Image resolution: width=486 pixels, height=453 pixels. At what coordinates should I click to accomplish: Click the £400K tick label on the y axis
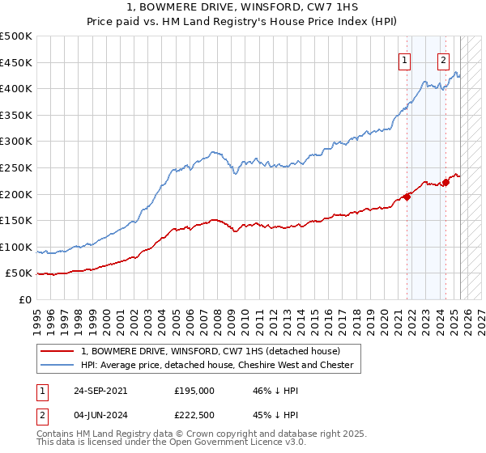tap(16, 88)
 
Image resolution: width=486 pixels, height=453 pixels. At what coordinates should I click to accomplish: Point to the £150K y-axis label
tap(16, 220)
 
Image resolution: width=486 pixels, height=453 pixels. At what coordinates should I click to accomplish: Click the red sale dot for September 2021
tap(407, 197)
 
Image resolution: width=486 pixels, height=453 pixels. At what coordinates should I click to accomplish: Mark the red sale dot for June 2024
tap(446, 182)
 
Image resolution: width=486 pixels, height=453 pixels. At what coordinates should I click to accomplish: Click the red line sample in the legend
tap(58, 351)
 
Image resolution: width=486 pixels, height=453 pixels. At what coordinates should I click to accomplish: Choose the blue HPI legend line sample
tap(58, 365)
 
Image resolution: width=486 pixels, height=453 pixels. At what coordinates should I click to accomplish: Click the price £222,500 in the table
tap(194, 417)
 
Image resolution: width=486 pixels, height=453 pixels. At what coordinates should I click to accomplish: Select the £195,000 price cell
tap(194, 390)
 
